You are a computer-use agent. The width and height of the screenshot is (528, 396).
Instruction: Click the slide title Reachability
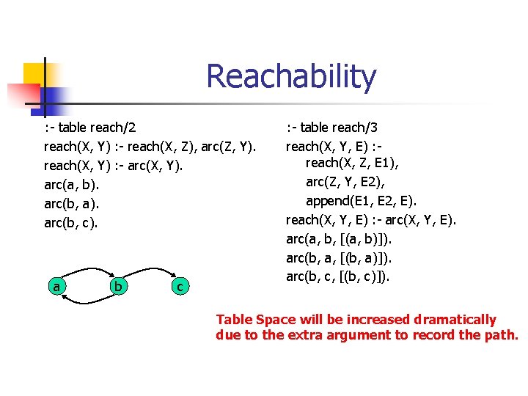point(291,76)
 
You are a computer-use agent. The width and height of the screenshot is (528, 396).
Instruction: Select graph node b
point(118,286)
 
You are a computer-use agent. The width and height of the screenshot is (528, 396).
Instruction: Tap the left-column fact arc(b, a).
point(71,203)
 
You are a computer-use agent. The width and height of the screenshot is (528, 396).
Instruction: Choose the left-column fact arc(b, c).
point(71,222)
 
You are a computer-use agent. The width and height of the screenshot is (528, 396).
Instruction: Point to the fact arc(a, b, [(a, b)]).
point(339,238)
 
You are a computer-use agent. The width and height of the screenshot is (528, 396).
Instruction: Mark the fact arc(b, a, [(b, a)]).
point(339,257)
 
